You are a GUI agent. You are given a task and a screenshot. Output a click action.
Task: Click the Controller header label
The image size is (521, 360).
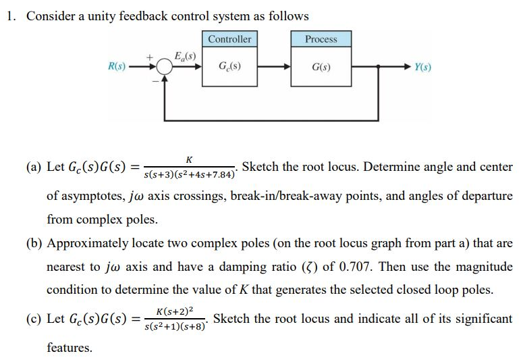[229, 39]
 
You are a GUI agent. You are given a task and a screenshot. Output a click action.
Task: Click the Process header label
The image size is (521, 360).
[321, 39]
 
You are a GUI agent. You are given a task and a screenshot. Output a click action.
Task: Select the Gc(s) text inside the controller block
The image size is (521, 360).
[229, 68]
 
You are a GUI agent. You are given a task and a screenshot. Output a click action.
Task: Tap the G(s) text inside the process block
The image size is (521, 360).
[321, 68]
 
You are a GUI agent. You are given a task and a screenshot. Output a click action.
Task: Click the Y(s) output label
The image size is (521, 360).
[423, 68]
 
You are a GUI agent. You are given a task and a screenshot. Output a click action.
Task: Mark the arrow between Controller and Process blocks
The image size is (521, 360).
[273, 68]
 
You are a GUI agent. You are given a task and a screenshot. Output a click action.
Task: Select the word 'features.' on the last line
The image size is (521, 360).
[69, 348]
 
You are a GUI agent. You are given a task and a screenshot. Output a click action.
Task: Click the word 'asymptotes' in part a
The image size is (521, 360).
[89, 197]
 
